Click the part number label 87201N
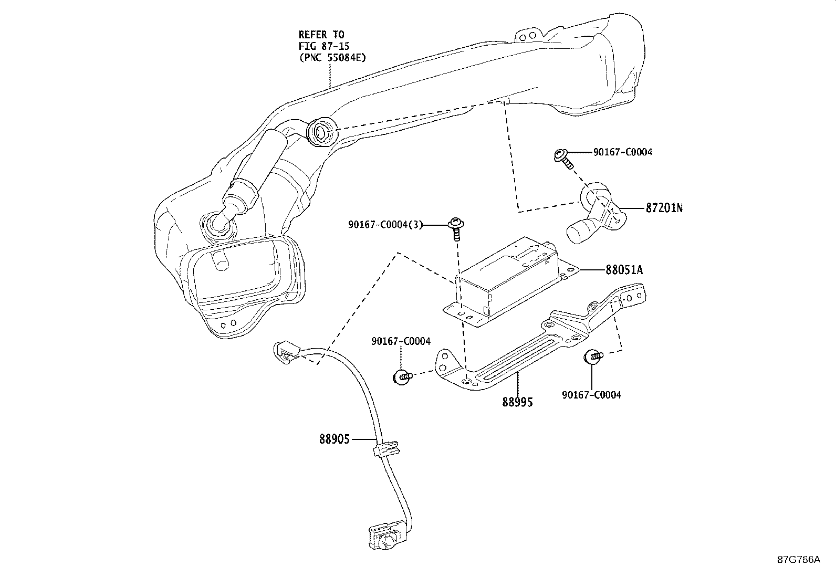[664, 208]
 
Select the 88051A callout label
[624, 270]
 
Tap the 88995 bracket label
[517, 402]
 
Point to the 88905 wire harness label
[334, 438]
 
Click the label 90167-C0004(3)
[385, 225]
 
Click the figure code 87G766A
[799, 559]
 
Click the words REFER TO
[321, 35]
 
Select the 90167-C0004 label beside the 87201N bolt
[623, 152]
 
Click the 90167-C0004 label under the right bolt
[591, 395]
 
